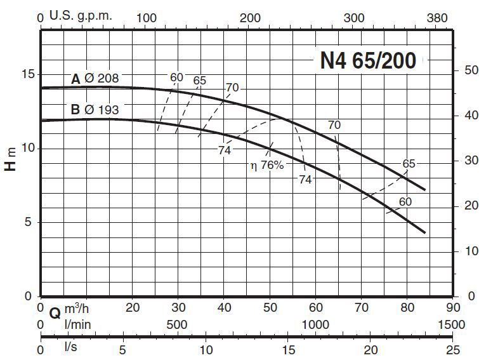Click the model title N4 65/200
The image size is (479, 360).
369,60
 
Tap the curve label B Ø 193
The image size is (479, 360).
95,109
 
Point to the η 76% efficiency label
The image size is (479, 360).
266,166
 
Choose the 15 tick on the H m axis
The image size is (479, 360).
26,75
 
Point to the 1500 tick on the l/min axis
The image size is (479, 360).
451,324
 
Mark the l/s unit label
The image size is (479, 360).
70,349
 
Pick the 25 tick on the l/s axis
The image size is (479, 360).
452,349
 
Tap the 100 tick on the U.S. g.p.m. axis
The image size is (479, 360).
147,18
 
